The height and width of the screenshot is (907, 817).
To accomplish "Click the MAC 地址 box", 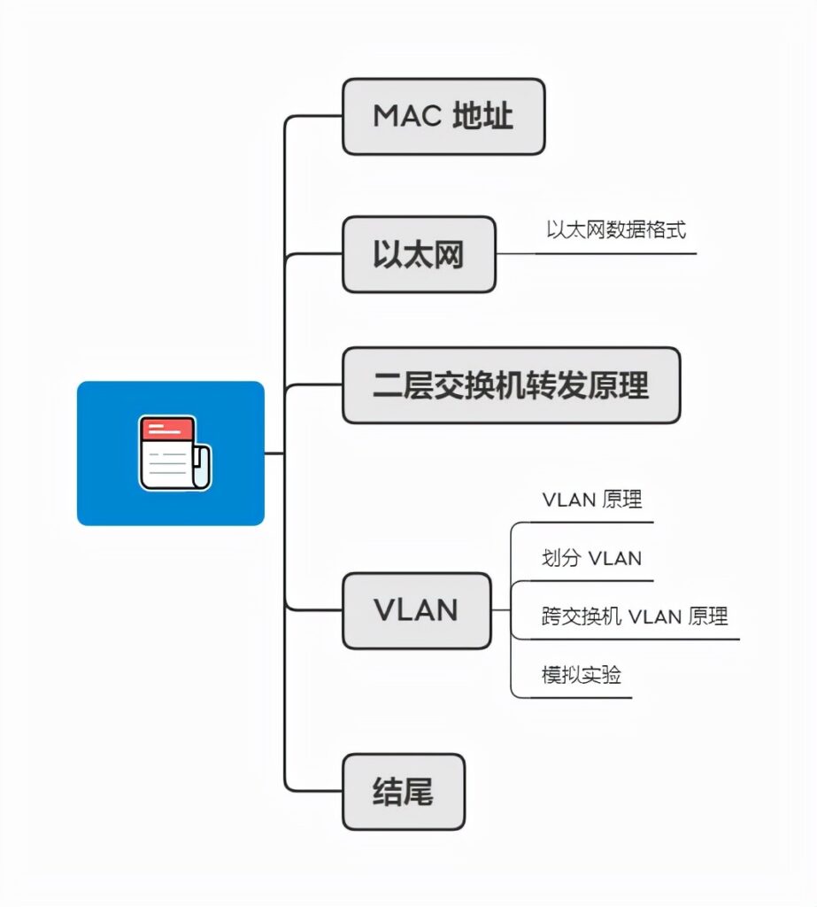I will coord(443,116).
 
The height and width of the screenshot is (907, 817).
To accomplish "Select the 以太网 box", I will coord(419,254).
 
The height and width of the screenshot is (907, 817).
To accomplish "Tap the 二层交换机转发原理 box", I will coord(511,385).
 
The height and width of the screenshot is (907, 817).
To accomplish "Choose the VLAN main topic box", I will coord(416,610).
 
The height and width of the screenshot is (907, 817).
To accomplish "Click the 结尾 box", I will coord(403,791).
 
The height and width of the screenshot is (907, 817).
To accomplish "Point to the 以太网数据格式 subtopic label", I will coord(616,230).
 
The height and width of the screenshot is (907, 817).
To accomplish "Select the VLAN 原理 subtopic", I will coord(591,500).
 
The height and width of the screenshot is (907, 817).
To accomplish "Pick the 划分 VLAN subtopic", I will coord(591,558).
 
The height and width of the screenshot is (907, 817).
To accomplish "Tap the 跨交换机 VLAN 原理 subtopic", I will coord(635,616).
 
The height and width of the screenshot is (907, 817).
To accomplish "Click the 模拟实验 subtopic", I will coord(582,675).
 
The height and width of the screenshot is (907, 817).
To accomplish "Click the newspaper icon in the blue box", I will coord(174,453).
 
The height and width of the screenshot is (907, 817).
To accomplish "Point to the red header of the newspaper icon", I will coord(166,430).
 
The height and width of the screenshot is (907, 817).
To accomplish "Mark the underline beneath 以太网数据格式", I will coord(616,253).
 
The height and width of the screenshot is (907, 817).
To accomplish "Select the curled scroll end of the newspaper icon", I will coord(203,468).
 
